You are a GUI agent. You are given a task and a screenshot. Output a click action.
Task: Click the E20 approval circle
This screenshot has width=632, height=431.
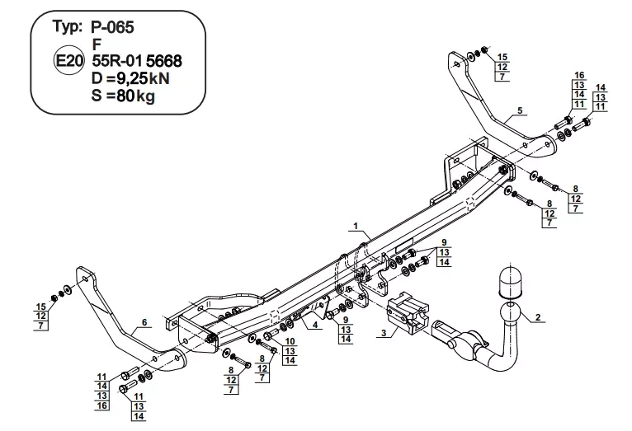[69, 61]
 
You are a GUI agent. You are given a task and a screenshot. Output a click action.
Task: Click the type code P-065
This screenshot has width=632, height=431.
[112, 27]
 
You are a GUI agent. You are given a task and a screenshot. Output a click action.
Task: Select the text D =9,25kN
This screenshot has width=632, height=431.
[130, 78]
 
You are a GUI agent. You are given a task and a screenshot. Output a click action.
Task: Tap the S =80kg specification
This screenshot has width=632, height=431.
[123, 96]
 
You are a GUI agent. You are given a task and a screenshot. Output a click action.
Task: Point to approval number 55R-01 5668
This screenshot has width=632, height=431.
[137, 61]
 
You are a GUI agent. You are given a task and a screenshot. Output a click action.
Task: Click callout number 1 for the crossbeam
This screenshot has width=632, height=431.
[356, 226]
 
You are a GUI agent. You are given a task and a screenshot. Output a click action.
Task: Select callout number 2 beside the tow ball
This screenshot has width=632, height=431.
[538, 317]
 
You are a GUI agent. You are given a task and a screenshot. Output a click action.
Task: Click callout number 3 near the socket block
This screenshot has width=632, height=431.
[384, 333]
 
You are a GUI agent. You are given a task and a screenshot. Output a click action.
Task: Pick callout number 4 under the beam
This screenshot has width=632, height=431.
[315, 325]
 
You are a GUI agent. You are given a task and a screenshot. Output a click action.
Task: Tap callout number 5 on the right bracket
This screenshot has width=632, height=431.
[520, 110]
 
